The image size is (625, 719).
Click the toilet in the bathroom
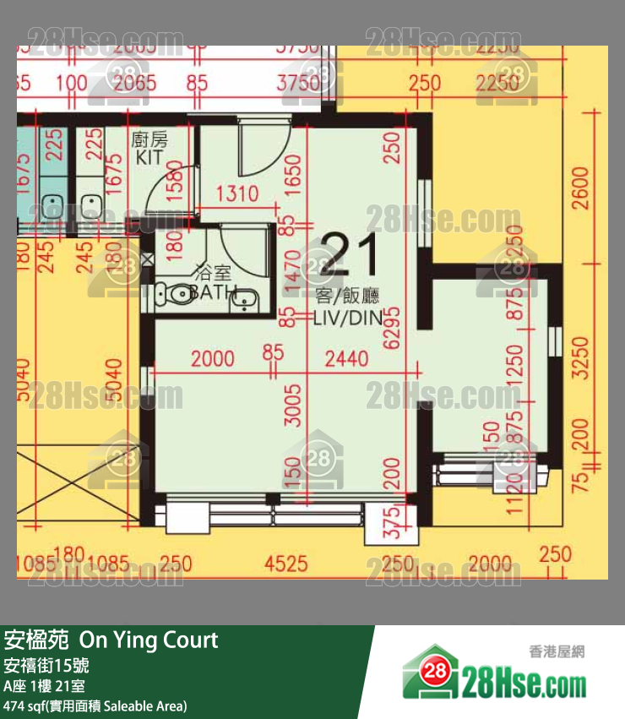pos(175,294)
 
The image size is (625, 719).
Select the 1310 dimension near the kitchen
pos(236,194)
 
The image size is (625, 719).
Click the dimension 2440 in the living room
pos(346,359)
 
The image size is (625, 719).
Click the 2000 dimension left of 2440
pos(213,359)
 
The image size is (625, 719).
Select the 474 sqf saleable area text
pos(95,705)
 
